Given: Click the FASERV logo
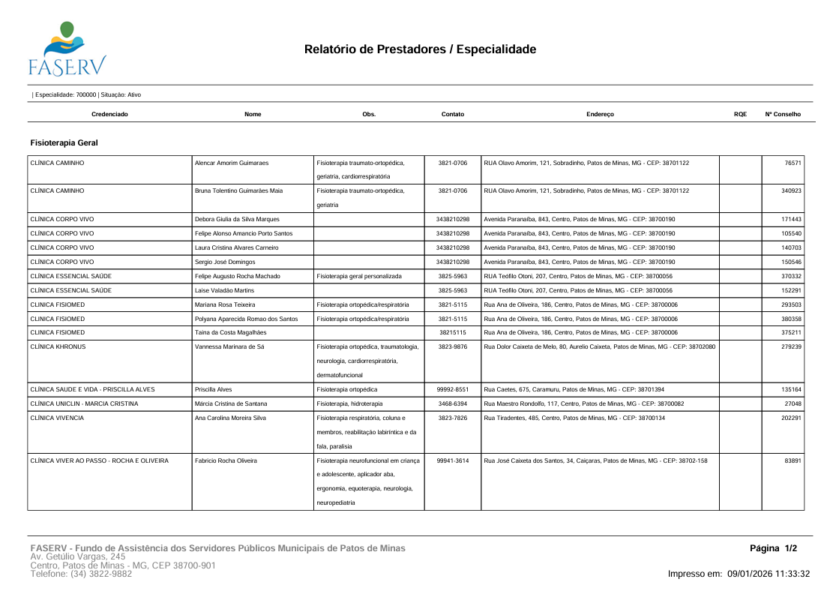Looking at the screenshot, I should coord(66,49).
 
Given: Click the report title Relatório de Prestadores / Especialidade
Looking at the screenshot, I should coord(420,50).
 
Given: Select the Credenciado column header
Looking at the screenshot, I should coord(109,114).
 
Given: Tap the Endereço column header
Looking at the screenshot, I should coord(600,114).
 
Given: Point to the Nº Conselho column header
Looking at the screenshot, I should coord(783,114).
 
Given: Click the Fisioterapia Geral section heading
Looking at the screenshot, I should coord(64,142).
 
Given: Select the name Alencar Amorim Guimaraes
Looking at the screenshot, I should coord(232,163).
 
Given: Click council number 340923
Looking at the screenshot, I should coord(791,190).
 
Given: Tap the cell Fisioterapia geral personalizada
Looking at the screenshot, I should coord(359,275).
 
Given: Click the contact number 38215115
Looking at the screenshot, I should coord(453,332).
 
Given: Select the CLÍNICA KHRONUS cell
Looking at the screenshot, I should coord(57,346).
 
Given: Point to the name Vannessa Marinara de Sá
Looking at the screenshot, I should coord(229,346).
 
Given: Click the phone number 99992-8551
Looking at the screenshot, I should coord(453,389).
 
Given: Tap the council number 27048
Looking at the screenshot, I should coord(793,403).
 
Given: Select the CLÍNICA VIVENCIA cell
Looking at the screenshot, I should coord(57,418).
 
